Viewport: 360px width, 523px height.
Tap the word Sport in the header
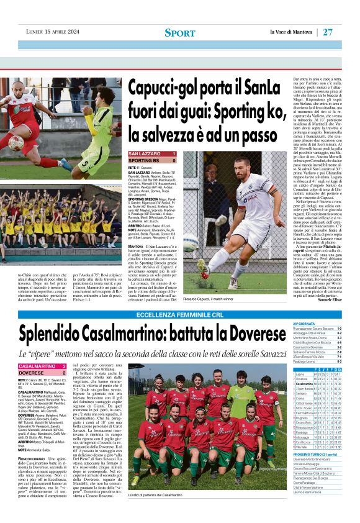point(179,32)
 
